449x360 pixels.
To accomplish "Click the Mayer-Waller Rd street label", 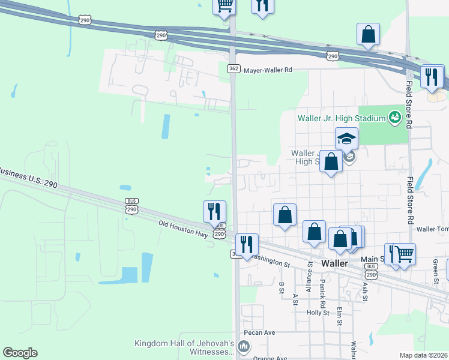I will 267,70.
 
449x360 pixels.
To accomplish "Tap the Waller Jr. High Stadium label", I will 340,118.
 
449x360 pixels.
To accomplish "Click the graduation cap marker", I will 346,139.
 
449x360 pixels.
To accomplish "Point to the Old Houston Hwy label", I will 184,229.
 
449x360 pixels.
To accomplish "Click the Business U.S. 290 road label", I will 29,178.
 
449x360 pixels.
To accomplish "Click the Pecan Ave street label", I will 259,332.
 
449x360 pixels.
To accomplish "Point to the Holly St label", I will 318,313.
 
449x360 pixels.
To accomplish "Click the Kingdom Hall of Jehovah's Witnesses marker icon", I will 244,346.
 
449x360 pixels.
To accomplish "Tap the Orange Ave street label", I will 271,358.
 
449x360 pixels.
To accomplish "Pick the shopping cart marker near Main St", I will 404,254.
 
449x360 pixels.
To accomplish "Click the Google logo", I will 20,353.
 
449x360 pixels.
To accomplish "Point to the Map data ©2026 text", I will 423,355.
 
